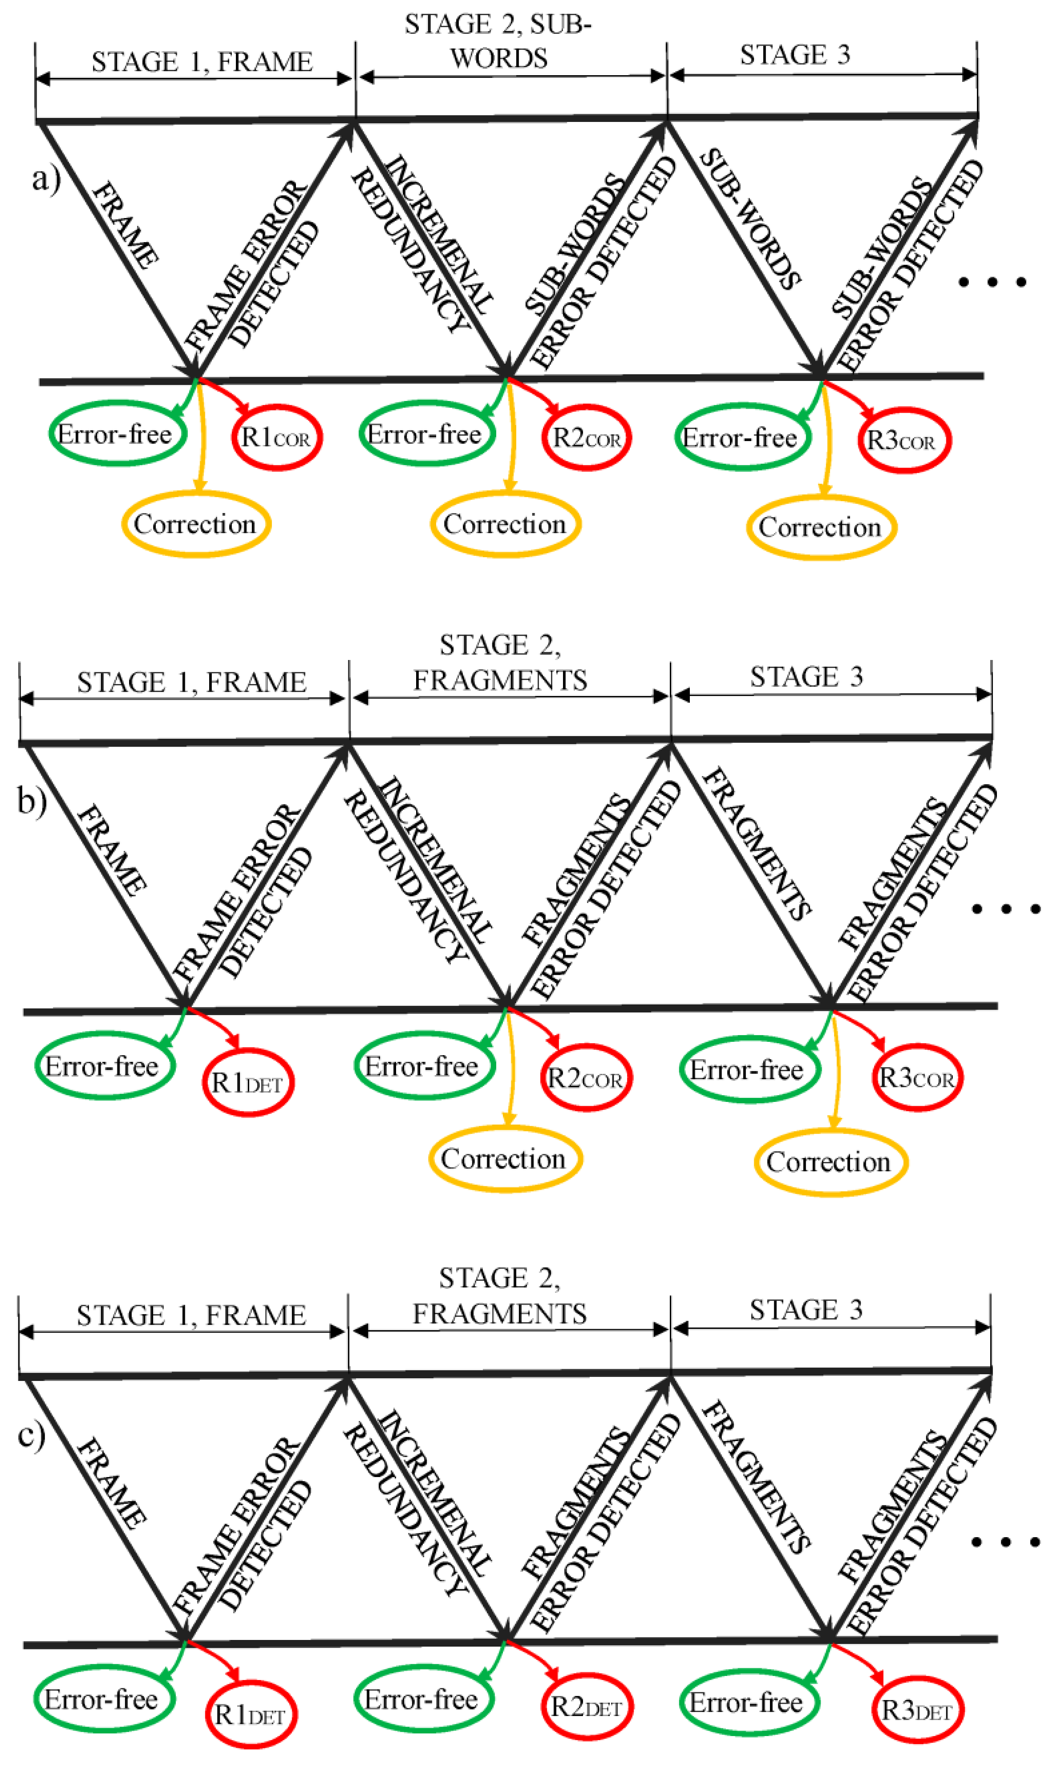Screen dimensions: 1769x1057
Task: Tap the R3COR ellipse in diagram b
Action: tap(917, 1077)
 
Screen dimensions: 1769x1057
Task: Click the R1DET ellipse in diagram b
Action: tap(248, 1082)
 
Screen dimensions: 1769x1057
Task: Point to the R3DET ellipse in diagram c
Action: tap(917, 1709)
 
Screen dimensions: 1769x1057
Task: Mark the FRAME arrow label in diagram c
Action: tap(112, 1482)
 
